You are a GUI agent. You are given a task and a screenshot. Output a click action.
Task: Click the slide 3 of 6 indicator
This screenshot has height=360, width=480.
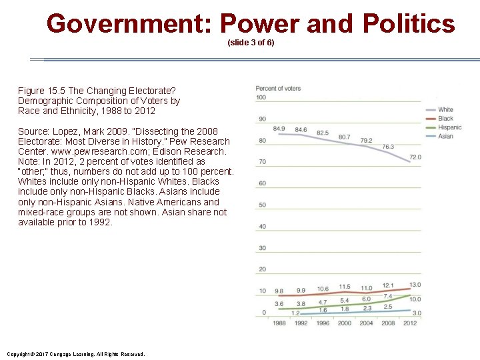tap(251, 43)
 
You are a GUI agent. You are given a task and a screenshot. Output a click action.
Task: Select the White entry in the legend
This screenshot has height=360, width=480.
tap(445, 109)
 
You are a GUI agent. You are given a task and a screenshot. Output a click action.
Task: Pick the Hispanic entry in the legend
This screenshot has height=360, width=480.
tap(449, 127)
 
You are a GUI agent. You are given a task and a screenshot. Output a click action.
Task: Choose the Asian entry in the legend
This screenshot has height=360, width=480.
tap(445, 136)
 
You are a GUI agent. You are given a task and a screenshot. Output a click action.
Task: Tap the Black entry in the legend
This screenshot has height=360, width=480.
tap(445, 119)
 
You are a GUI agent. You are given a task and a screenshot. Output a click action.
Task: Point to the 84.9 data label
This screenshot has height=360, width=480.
tap(279, 129)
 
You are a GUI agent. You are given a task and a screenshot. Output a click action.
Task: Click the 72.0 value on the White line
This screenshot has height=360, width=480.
tap(415, 157)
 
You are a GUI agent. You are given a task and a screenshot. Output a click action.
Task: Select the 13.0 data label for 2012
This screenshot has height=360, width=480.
tap(415, 285)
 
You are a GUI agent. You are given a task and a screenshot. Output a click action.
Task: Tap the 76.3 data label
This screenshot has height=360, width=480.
tap(388, 147)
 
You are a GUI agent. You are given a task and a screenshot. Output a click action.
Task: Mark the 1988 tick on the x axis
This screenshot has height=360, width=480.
tap(279, 323)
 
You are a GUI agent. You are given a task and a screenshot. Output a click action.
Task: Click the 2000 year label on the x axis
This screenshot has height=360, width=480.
tap(344, 323)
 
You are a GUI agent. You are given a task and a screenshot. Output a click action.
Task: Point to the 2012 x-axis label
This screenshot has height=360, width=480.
tap(409, 323)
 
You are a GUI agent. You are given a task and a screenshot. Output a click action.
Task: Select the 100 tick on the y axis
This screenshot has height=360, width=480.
tap(261, 97)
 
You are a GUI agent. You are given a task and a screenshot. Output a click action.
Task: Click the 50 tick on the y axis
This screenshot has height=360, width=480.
tap(261, 205)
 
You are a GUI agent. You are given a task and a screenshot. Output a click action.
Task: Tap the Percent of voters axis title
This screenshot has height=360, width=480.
tap(278, 88)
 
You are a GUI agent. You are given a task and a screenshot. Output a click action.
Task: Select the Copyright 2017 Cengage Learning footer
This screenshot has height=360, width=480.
tap(75, 354)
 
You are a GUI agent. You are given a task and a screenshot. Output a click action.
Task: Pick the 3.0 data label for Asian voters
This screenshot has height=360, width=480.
tap(416, 313)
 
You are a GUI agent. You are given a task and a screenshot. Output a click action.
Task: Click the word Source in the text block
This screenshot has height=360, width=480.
tap(33, 131)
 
